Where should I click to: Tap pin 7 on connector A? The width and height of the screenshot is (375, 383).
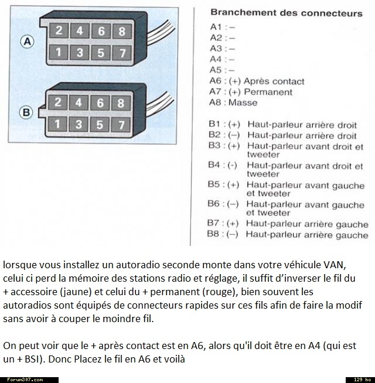click(122, 53)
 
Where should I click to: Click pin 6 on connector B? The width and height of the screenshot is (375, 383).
click(100, 103)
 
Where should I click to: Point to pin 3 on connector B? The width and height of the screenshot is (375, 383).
click(79, 124)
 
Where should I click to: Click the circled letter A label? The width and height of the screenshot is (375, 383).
click(27, 41)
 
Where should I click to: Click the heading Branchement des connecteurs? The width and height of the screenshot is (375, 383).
click(286, 13)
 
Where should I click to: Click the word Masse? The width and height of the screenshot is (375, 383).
click(243, 102)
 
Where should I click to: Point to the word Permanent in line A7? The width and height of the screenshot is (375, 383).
click(268, 92)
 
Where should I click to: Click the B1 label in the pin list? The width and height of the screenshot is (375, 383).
click(215, 124)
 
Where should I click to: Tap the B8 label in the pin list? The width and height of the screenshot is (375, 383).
click(214, 234)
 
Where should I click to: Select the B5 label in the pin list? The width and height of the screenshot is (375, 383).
click(214, 184)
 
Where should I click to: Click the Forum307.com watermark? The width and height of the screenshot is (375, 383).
click(22, 379)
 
